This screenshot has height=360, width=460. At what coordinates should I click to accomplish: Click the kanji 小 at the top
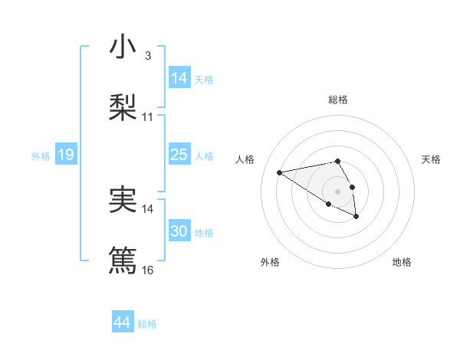click(123, 47)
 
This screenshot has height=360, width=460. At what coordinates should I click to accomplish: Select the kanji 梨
click(123, 107)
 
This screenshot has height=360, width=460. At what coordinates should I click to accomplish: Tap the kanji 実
click(123, 199)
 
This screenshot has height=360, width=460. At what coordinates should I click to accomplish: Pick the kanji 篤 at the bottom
click(123, 260)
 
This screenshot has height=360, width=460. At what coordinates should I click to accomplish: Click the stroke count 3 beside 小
click(147, 56)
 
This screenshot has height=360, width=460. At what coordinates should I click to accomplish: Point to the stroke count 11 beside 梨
click(148, 117)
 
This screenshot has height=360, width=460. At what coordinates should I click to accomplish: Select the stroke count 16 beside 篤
click(148, 270)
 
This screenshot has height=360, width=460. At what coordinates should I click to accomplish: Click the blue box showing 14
click(179, 78)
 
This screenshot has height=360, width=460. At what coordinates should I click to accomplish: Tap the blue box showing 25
click(179, 155)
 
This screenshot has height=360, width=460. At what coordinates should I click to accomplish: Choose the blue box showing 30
click(179, 231)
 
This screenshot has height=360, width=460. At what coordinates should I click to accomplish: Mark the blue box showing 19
click(65, 155)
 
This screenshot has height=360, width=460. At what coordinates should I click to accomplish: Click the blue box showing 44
click(122, 322)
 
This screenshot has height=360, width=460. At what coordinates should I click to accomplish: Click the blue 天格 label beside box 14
click(204, 80)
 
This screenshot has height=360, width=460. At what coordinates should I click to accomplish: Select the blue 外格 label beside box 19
click(41, 156)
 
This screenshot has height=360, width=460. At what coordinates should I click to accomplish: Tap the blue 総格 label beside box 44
click(147, 324)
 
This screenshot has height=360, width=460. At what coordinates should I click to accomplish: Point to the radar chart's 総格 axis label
click(338, 100)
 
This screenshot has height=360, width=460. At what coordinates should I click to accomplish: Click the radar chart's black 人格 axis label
click(246, 159)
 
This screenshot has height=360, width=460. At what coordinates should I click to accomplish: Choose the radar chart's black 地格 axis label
click(402, 262)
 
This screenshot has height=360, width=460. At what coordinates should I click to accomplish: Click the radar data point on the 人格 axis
click(280, 172)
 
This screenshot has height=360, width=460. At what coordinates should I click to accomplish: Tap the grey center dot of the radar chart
click(338, 191)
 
